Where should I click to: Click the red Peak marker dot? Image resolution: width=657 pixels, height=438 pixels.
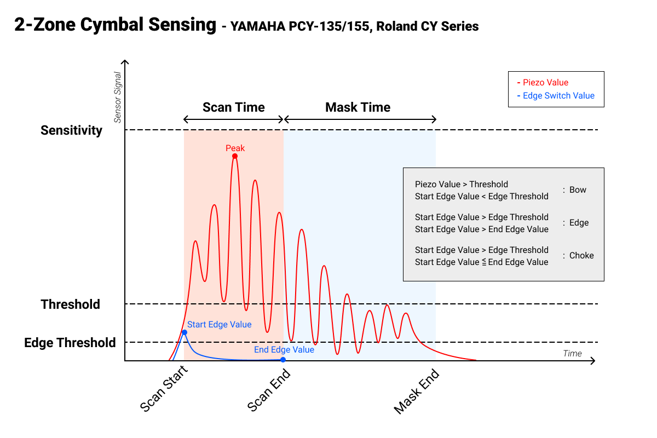pos(235,156)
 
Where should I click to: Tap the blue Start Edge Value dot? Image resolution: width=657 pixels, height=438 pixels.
pos(185,332)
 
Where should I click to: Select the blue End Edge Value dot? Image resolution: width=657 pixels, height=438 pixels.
pos(283,360)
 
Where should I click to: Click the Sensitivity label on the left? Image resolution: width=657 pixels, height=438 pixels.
pos(71,130)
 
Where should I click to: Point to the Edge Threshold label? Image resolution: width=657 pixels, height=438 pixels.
pos(70,343)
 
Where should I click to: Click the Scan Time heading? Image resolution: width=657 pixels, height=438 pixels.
pos(234,107)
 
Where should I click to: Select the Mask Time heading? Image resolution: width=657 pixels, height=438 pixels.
pos(358,107)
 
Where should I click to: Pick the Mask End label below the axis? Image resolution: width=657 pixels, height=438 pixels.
pos(416,392)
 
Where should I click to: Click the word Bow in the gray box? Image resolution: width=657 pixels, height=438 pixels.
pos(578,190)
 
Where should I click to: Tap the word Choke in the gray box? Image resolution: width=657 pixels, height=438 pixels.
pos(581,256)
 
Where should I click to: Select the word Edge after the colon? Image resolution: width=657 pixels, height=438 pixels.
pos(579,223)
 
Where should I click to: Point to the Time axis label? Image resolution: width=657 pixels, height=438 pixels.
pos(572,353)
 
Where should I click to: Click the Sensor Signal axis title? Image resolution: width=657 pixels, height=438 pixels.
pos(117,97)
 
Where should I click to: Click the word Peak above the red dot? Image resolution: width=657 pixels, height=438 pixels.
pos(235,148)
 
